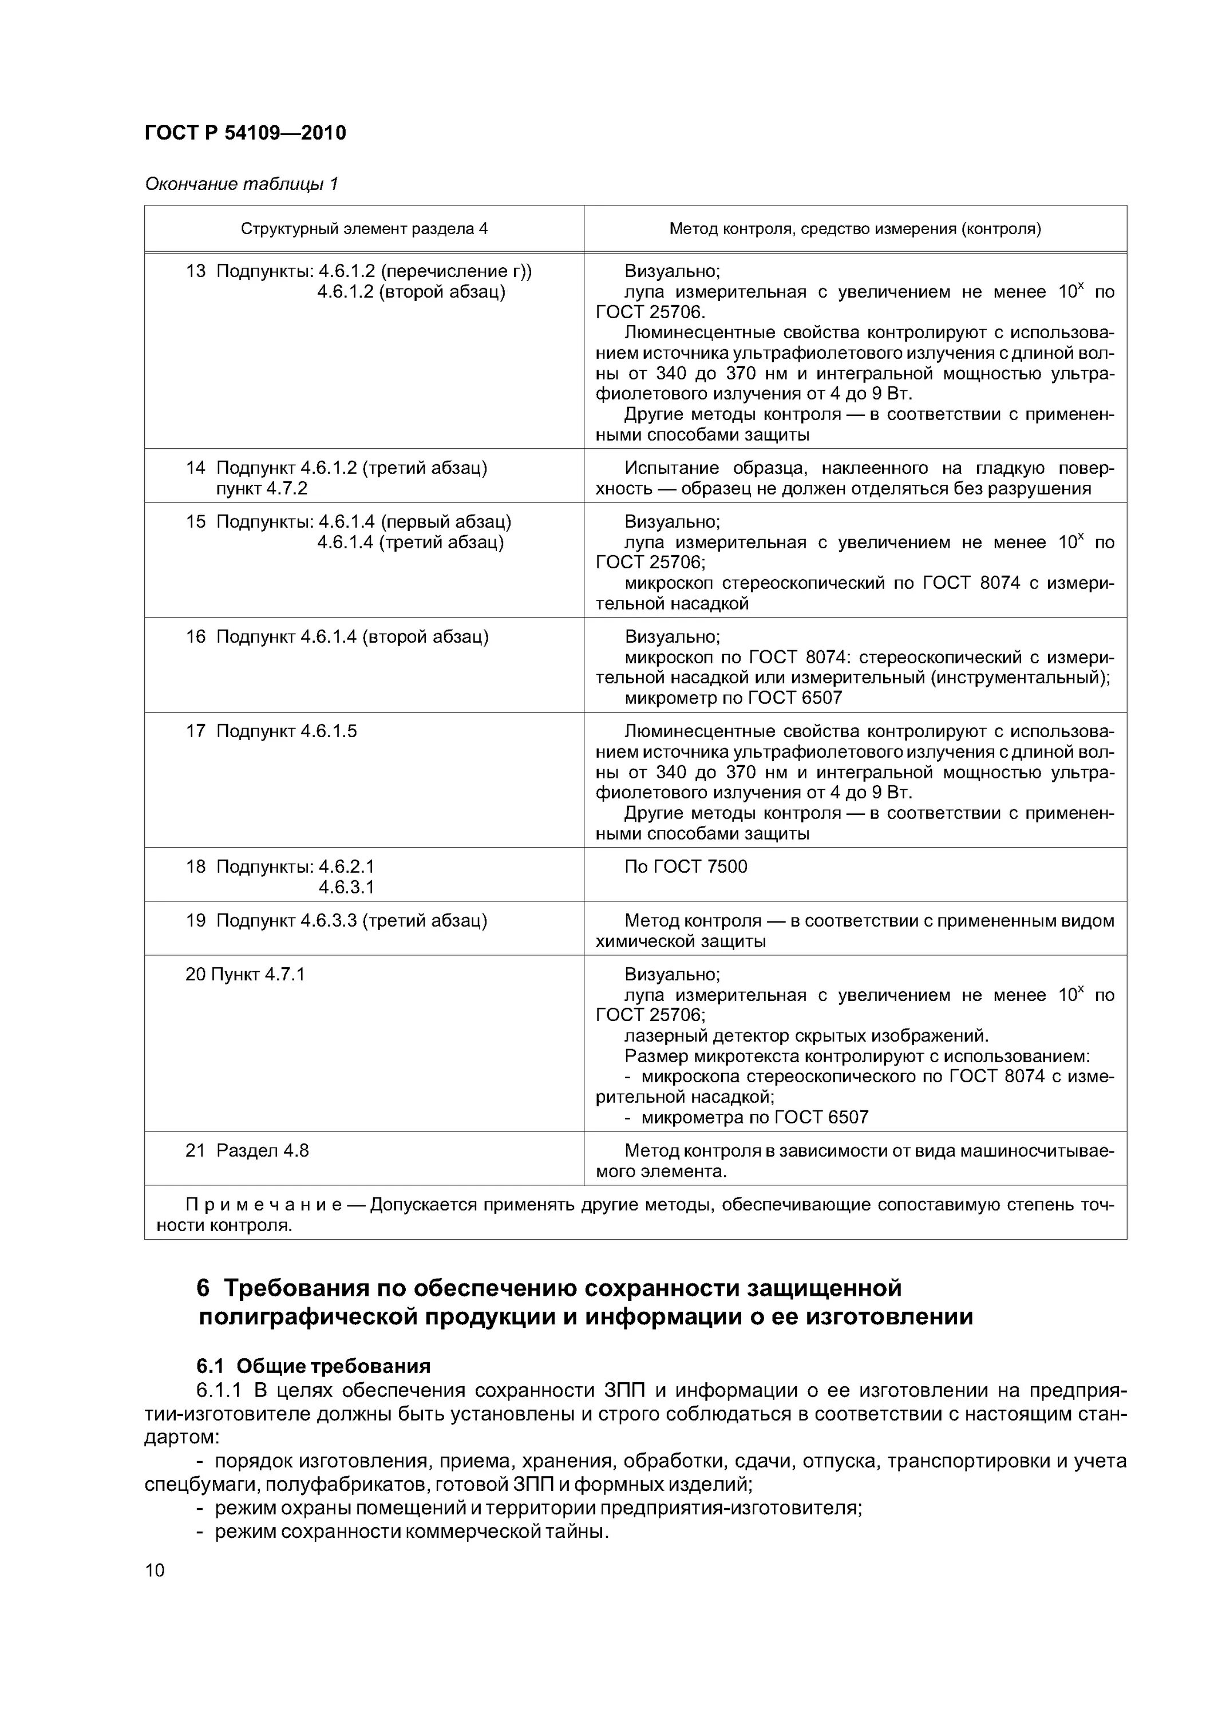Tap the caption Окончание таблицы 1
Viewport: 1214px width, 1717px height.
tap(241, 184)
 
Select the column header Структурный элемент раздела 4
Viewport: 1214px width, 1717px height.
tap(363, 229)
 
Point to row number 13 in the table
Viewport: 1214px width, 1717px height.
tap(195, 271)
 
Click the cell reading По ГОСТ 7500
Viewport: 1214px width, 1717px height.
tap(685, 867)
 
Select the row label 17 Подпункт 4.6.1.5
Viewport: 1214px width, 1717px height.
tap(271, 731)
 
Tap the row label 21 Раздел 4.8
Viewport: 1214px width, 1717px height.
tap(247, 1150)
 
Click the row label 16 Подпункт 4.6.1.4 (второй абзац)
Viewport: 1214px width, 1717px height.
tap(337, 637)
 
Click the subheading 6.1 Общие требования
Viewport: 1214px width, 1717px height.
tap(314, 1366)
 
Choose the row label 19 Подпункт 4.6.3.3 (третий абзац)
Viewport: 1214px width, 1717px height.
tap(336, 920)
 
